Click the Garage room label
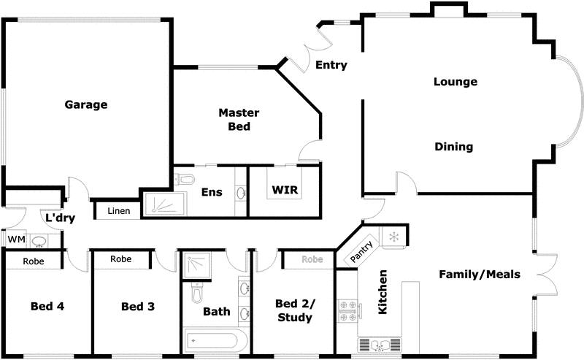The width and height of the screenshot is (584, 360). click(86, 104)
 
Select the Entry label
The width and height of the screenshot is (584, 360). click(331, 66)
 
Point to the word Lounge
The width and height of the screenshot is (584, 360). click(455, 82)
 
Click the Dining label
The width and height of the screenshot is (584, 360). click(453, 147)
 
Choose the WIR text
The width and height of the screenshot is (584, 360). click(284, 191)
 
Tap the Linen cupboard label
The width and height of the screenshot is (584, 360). click(118, 212)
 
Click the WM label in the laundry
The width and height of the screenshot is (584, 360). click(15, 239)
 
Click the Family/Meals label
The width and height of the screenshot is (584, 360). click(479, 275)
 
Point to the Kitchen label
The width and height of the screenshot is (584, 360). click(383, 292)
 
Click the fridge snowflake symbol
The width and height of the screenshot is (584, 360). click(393, 237)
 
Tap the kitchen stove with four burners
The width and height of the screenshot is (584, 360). click(346, 311)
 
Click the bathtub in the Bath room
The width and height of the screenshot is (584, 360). click(215, 340)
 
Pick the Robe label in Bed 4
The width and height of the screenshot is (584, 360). click(34, 261)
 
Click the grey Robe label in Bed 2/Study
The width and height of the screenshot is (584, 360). click(312, 259)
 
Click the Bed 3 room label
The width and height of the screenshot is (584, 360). click(137, 307)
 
